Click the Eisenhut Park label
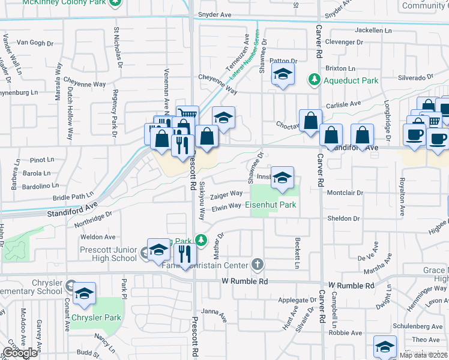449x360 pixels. coord(271,205)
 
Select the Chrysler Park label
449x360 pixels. coord(97,317)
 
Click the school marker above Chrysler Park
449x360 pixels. coord(85,294)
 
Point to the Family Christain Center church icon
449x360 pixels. coord(257,264)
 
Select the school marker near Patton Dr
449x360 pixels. coord(281,76)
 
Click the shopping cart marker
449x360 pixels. coord(187,114)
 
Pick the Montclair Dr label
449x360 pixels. coord(346,193)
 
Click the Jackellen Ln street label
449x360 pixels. coord(373,30)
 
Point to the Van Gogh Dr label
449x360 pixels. coord(35,42)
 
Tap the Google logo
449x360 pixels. coord(20,353)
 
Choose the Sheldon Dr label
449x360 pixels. coord(344,218)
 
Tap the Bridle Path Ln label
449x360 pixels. coord(74,196)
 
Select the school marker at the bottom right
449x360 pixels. coord(385,346)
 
